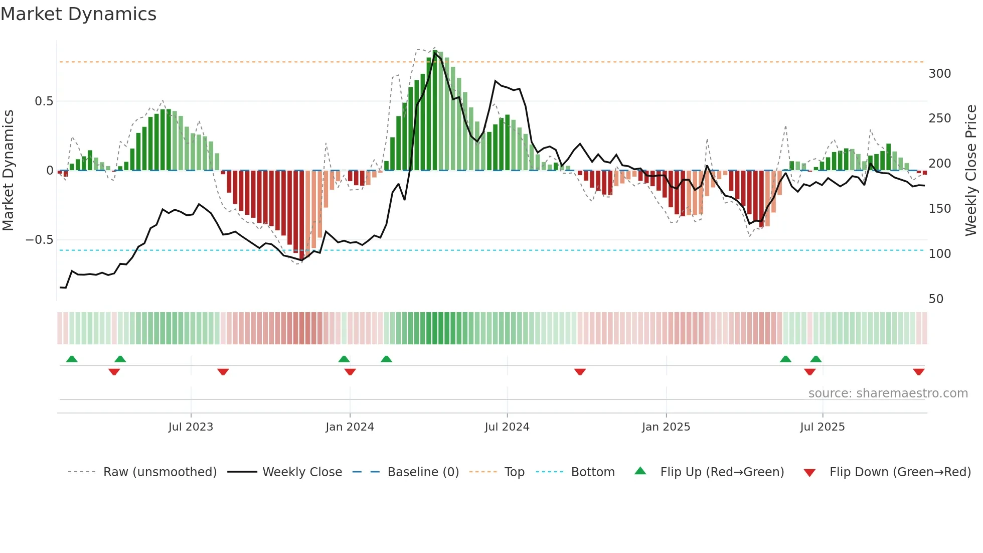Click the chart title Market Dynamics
coord(79,14)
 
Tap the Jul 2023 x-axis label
coord(191,427)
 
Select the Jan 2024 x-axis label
coord(350,427)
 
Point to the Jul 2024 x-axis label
coord(507,427)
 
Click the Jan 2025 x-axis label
coord(666,427)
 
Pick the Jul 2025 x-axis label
coord(823,427)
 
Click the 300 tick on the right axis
coord(939,74)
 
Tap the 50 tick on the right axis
coord(936,299)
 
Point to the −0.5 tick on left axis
coord(40,240)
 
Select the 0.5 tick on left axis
coord(44,101)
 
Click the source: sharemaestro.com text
coord(888,393)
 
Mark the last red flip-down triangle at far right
coord(918,372)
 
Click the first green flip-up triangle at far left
coord(72,359)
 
